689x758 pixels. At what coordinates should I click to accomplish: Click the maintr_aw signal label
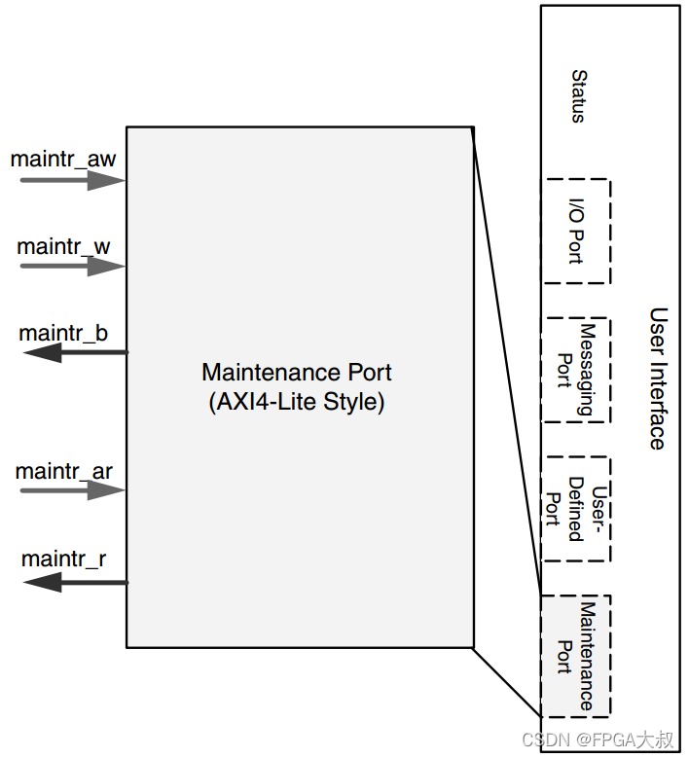[x=63, y=159]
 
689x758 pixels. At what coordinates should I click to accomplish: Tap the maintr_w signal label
[x=63, y=246]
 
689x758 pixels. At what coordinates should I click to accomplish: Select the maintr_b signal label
[x=63, y=333]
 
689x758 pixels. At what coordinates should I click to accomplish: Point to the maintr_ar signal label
[x=64, y=471]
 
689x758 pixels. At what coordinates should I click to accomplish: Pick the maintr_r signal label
[x=64, y=559]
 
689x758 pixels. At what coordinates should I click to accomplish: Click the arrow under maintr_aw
[x=73, y=181]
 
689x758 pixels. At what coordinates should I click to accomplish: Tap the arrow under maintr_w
[x=73, y=267]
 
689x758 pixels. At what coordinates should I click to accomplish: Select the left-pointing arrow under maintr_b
[x=76, y=352]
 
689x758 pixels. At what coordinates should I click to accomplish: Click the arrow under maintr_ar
[x=73, y=490]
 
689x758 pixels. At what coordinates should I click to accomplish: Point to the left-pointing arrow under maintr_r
[x=76, y=583]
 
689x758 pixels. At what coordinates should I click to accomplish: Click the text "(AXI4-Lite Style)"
[x=297, y=402]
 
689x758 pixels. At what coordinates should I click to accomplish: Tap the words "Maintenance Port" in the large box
[x=297, y=373]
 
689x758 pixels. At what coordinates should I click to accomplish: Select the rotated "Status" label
[x=579, y=96]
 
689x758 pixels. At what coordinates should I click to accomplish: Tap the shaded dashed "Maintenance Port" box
[x=576, y=656]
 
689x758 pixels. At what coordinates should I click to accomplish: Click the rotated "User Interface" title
[x=658, y=379]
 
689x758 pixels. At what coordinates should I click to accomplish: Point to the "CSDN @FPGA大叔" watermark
[x=598, y=740]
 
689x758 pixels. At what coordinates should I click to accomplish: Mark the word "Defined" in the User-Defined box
[x=576, y=510]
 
